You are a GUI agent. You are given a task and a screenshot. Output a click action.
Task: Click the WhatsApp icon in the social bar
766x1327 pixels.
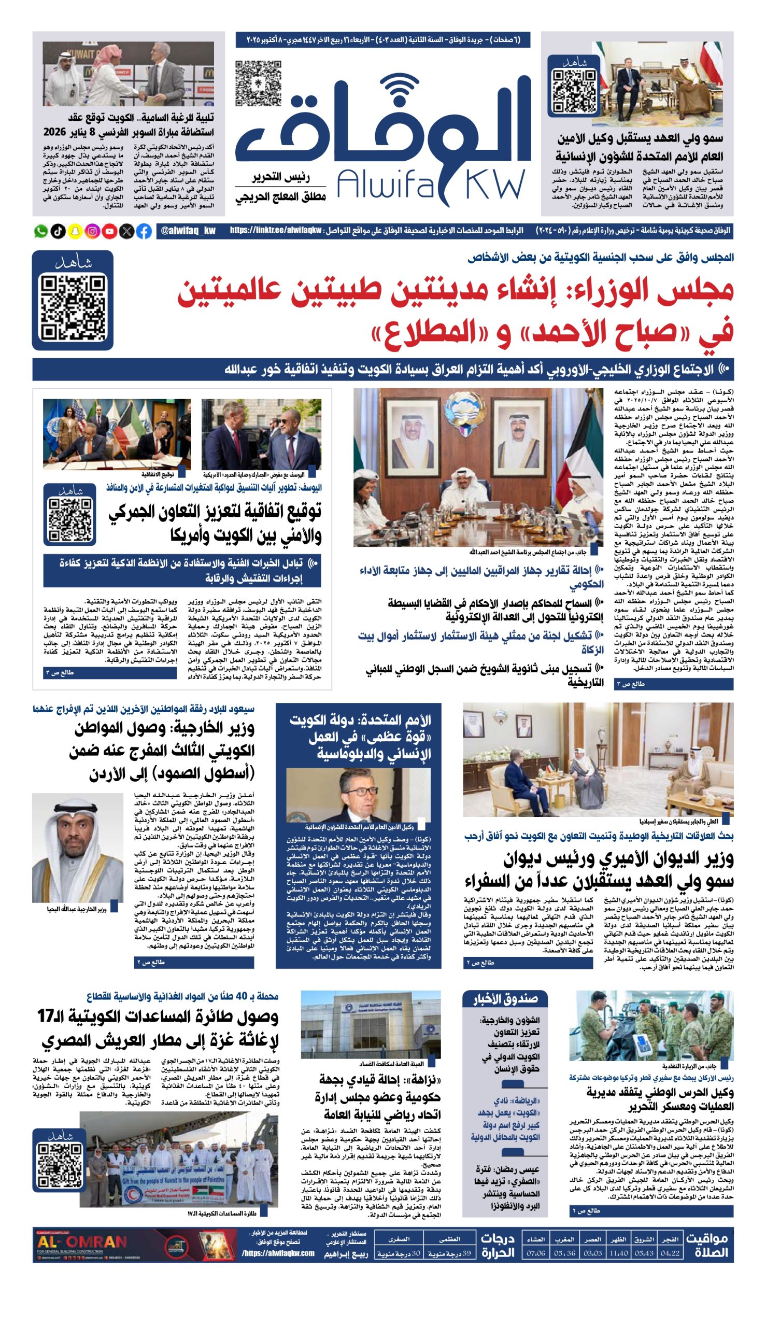pos(41,231)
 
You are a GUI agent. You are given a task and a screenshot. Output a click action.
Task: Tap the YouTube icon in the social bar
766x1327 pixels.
pos(109,231)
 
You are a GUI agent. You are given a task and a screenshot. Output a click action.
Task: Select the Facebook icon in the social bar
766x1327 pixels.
pos(144,231)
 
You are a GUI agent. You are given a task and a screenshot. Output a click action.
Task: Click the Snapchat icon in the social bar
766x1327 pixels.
pos(75,231)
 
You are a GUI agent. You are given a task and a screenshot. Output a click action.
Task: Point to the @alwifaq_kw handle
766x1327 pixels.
pos(188,231)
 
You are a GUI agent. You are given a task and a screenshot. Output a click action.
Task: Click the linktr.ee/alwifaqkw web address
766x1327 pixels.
pos(276,231)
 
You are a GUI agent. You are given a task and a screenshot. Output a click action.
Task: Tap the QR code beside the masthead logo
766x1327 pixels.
pos(258,83)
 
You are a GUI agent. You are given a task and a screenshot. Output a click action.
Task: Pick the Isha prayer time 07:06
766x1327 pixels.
pos(535,1253)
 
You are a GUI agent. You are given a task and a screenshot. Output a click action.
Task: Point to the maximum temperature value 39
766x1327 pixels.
pos(466,1254)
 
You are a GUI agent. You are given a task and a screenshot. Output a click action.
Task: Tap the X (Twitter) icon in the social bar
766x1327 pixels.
pos(127,231)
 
